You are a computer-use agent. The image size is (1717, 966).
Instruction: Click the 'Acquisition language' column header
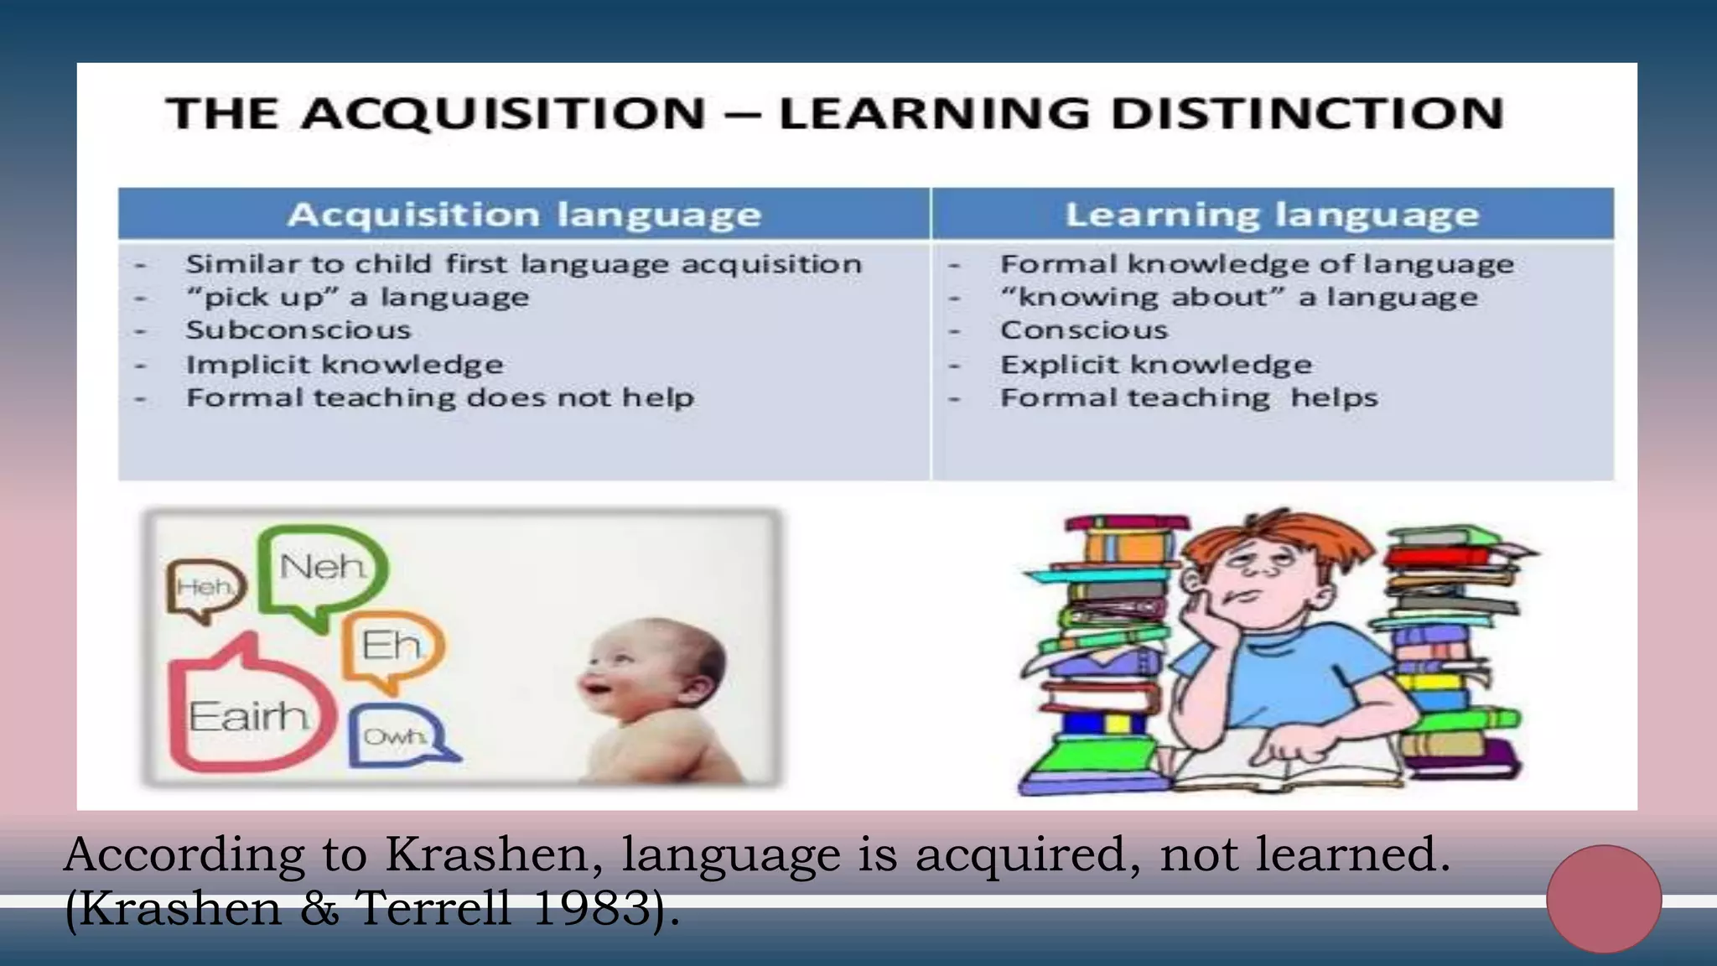[x=524, y=215]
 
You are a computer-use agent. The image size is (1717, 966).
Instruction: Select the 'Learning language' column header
[x=1272, y=215]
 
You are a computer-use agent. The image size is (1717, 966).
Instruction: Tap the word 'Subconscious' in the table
[x=298, y=330]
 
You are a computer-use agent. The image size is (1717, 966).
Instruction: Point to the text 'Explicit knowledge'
[x=1156, y=365]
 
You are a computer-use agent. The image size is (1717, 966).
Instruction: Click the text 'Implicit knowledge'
[x=345, y=365]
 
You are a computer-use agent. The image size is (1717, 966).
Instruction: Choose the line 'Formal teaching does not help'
[x=440, y=397]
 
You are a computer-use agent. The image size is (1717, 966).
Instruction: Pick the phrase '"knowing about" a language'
[x=1238, y=298]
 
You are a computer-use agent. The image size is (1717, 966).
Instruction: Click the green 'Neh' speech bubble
[x=323, y=570]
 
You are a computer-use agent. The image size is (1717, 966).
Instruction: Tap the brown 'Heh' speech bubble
[x=205, y=587]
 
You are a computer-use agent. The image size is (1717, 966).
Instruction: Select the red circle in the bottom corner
[x=1604, y=898]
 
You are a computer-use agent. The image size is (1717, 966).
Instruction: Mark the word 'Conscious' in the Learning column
[x=1084, y=330]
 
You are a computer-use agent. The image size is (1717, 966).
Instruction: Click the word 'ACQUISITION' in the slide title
[x=503, y=114]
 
